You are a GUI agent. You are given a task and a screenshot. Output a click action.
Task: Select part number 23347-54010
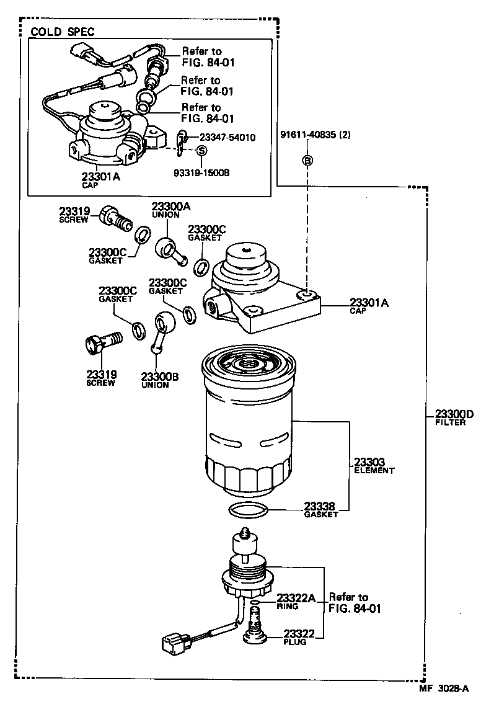tap(227, 136)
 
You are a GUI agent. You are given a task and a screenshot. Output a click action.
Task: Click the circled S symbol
tap(201, 151)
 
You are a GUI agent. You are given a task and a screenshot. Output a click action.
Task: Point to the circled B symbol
tap(307, 161)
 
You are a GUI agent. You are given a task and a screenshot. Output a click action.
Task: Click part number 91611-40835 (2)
tap(315, 136)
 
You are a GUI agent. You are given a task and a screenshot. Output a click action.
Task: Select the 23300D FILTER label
tap(453, 418)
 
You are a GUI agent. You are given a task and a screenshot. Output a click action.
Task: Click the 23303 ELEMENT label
tap(373, 466)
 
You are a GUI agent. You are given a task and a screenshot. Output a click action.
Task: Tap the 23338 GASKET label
tap(320, 509)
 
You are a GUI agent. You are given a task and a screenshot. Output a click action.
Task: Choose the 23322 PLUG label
tap(299, 637)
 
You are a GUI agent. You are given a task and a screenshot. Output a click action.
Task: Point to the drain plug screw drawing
tap(254, 623)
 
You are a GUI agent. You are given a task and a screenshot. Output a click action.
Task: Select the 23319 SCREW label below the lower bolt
tap(101, 378)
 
